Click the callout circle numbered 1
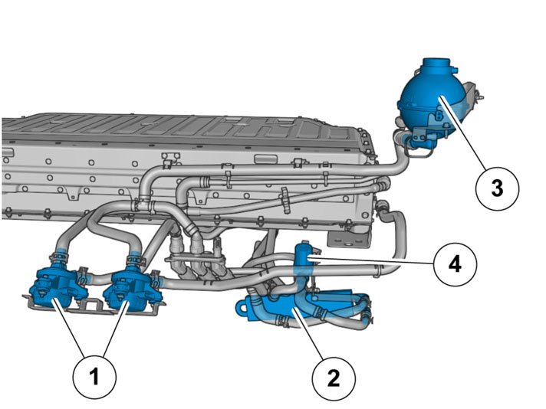click(x=94, y=377)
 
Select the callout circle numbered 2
click(x=334, y=378)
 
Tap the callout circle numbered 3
click(x=497, y=188)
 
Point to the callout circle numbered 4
click(x=455, y=264)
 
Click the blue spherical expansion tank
click(x=430, y=101)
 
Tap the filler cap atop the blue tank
click(x=436, y=66)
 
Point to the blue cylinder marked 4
click(x=303, y=264)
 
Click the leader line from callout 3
click(x=462, y=134)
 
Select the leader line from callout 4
click(x=371, y=260)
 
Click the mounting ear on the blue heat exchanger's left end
click(x=242, y=309)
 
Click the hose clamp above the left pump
click(x=60, y=257)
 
